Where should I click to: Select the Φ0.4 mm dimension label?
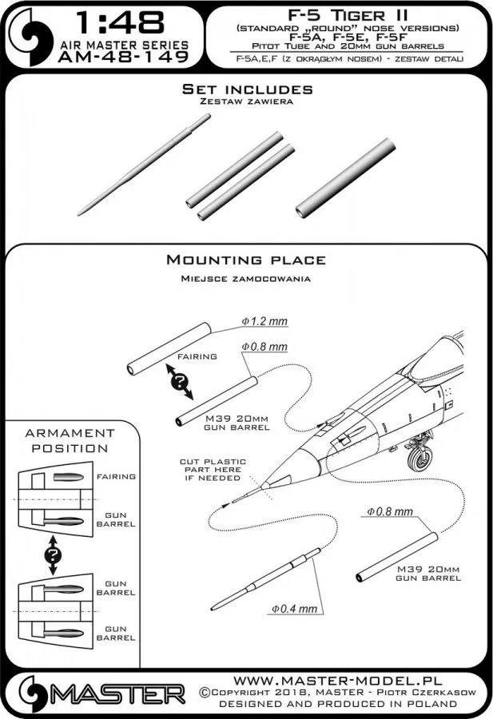(295, 609)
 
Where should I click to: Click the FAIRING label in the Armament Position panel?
(119, 476)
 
